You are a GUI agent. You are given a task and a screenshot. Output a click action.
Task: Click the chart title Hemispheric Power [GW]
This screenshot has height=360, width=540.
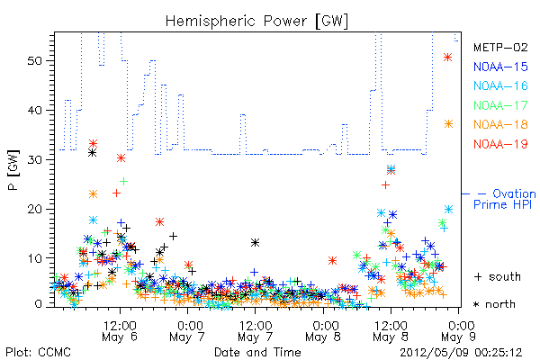(x=256, y=21)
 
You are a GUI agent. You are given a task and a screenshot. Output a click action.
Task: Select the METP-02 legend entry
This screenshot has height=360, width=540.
(x=500, y=47)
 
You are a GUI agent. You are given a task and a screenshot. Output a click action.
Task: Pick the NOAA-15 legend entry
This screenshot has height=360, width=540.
(x=500, y=67)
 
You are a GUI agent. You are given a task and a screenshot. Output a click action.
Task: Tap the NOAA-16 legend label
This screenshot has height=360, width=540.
(x=500, y=85)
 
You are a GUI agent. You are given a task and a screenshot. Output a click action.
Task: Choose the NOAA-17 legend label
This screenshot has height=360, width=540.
(x=500, y=105)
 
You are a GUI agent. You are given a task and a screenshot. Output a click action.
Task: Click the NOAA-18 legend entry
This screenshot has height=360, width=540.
(x=500, y=124)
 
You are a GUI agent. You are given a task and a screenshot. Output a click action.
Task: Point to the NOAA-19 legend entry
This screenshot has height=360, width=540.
(x=500, y=144)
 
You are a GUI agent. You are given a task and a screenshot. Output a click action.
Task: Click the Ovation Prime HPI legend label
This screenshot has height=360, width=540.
(x=504, y=199)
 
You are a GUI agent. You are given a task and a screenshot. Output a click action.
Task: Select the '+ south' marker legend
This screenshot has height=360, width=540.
(x=498, y=276)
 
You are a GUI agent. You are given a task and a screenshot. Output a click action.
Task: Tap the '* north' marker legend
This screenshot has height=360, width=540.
(x=494, y=304)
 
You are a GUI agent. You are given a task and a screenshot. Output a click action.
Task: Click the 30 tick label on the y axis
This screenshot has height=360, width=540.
(x=34, y=159)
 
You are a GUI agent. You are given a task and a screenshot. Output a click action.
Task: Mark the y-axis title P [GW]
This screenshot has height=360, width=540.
(x=13, y=170)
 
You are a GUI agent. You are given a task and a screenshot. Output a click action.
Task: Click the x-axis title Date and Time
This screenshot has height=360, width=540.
(x=257, y=353)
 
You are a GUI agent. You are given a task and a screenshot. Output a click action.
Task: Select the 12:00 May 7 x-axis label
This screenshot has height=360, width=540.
(x=256, y=331)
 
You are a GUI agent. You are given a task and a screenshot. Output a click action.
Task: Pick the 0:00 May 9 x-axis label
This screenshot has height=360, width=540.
(x=458, y=331)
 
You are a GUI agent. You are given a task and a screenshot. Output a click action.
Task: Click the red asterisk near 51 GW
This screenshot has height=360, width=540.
(x=447, y=58)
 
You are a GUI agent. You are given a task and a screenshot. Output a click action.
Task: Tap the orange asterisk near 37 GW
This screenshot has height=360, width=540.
(x=448, y=124)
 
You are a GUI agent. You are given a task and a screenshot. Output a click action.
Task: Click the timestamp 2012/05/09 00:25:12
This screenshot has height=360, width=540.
(x=461, y=353)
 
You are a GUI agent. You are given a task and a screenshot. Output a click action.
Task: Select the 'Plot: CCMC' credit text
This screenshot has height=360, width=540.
(x=38, y=353)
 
